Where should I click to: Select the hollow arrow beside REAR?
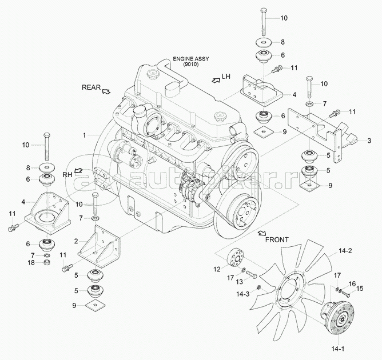pos(107,90)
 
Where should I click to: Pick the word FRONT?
pos(277,240)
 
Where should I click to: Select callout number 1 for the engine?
pos(83,135)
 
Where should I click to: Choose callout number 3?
pos(369,140)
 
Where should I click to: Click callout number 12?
pos(217,269)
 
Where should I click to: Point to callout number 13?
pos(240,282)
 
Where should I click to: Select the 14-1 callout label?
pos(339,349)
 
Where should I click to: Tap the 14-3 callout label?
pos(243,294)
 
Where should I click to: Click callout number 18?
pos(32,262)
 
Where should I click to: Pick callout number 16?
pos(352,283)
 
